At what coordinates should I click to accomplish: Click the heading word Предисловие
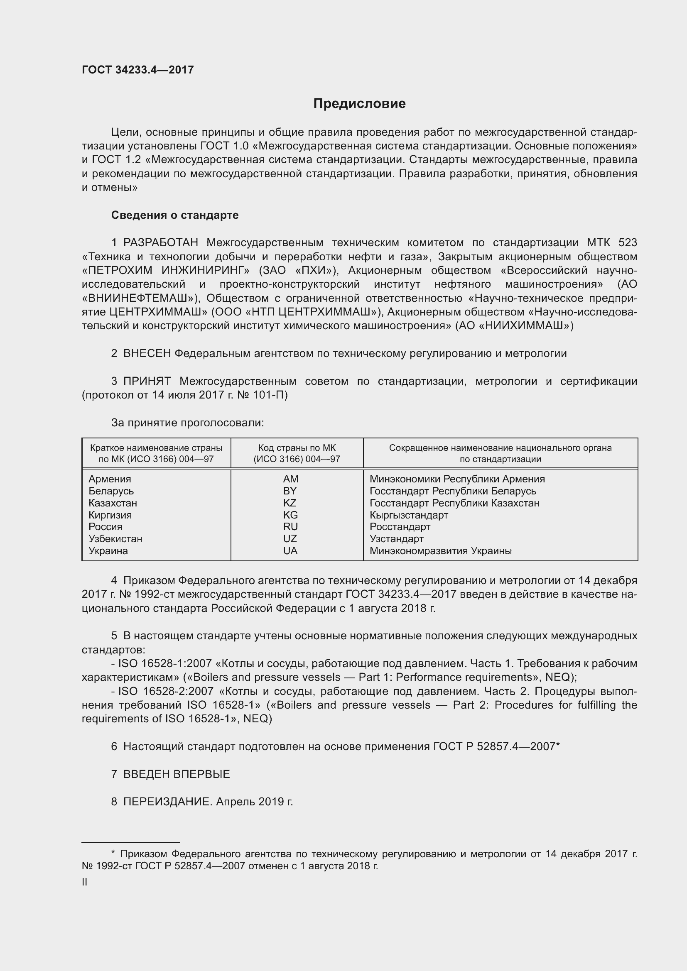[359, 104]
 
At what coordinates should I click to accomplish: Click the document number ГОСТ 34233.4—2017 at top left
[137, 70]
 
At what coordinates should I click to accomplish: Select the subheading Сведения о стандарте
[175, 215]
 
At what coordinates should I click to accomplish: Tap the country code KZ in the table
[290, 503]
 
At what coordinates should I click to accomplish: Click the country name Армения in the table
[110, 479]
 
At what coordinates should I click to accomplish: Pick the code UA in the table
[290, 550]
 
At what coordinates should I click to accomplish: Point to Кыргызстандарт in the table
[409, 515]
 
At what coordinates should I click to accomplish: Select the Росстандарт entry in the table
[400, 527]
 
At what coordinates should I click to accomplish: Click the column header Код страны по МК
[297, 448]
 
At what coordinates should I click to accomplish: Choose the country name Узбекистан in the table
[115, 539]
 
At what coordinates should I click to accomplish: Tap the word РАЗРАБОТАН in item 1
[160, 243]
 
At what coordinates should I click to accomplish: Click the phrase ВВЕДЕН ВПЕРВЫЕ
[177, 774]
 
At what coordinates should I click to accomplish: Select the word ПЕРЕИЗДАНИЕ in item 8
[167, 802]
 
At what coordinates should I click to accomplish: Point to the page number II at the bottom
[85, 882]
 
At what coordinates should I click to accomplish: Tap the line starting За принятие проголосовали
[187, 423]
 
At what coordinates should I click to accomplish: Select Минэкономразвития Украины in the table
[440, 550]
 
